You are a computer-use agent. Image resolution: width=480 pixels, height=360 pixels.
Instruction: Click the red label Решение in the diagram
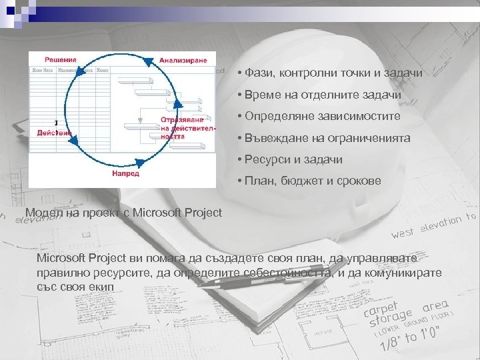coord(60,60)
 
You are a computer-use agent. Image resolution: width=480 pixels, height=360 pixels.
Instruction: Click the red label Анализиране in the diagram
coord(183,60)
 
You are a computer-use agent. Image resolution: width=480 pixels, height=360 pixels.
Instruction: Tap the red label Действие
coord(55,132)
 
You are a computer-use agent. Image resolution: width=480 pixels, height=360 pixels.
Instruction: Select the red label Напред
coord(125,173)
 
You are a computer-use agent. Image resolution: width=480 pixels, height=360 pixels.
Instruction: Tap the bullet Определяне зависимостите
coord(322,116)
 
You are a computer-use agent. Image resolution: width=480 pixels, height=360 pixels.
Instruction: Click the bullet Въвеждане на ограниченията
coord(327,138)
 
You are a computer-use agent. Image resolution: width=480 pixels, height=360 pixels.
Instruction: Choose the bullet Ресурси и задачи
coord(293,160)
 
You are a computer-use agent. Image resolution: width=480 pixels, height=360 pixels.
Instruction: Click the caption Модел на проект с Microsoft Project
coord(123,213)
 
